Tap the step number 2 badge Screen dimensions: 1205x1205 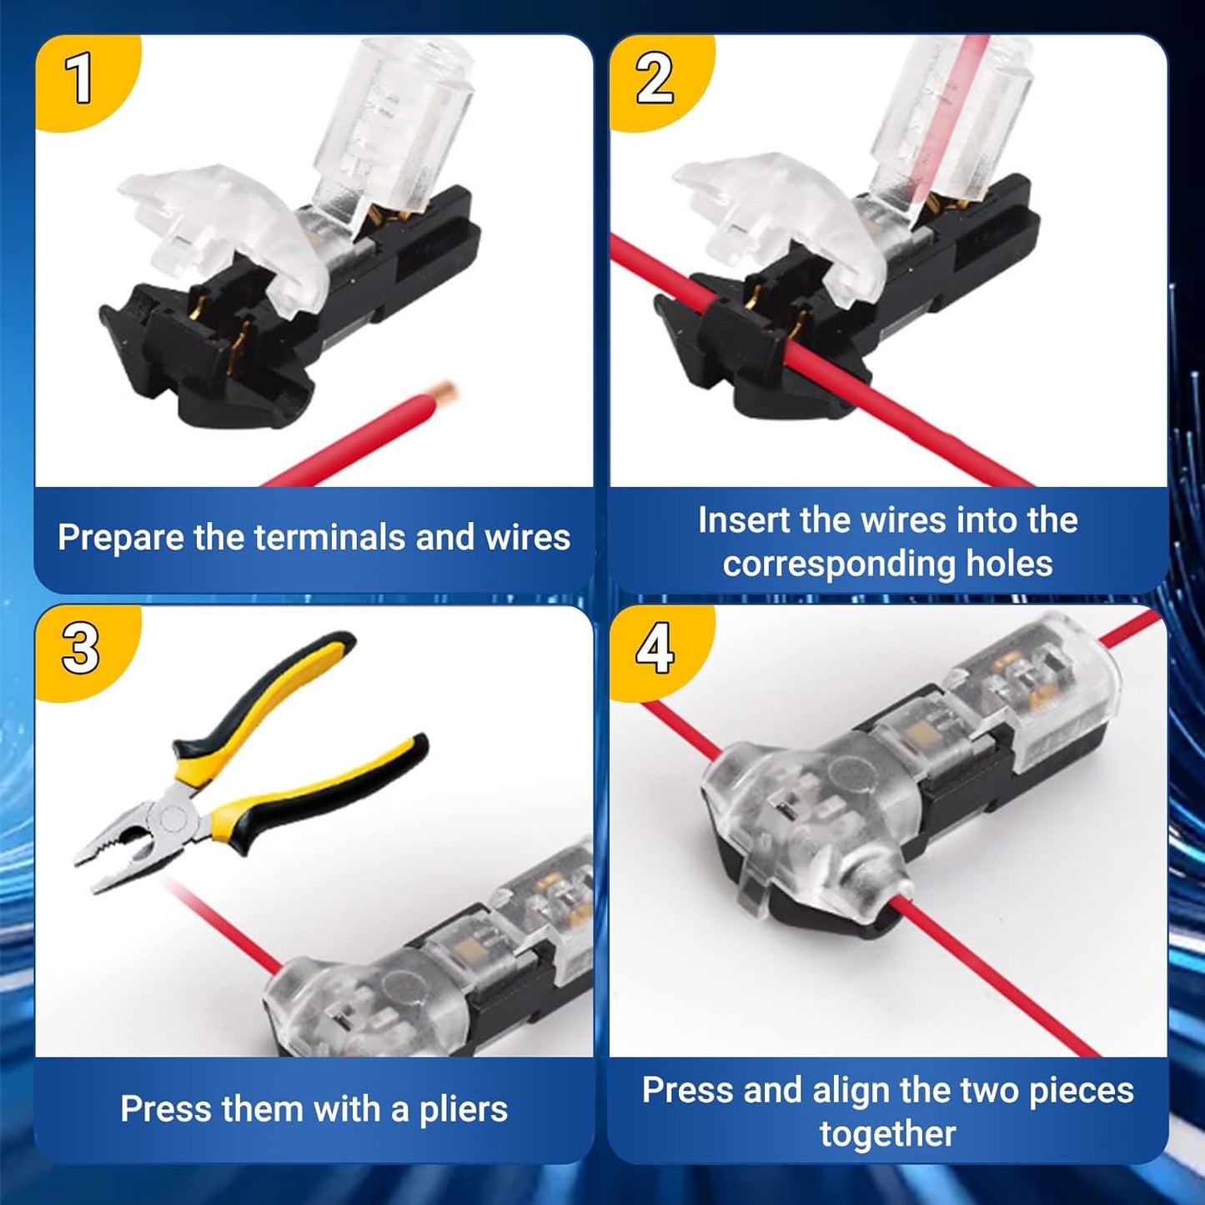click(x=655, y=78)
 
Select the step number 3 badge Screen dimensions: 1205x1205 click(x=81, y=650)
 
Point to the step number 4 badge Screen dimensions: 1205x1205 click(x=655, y=650)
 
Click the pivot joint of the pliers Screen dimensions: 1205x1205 click(x=172, y=816)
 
